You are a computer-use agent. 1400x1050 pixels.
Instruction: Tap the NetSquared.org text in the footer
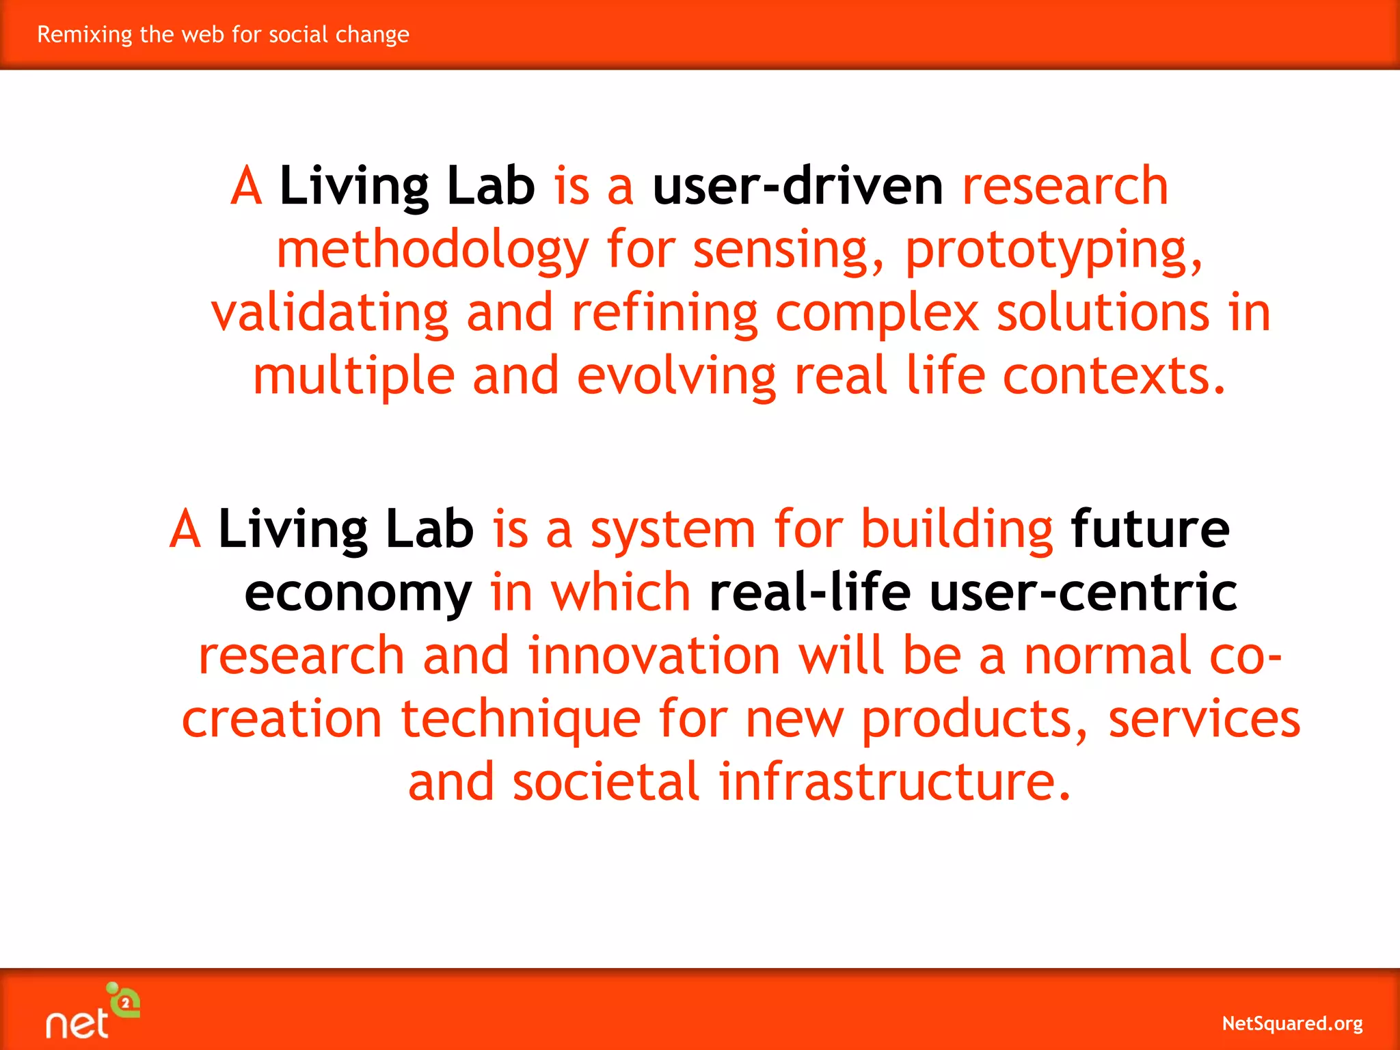[1291, 1023]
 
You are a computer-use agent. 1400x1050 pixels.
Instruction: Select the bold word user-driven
[797, 186]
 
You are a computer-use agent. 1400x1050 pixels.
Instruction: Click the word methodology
[432, 250]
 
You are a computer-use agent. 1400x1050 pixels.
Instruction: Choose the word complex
[877, 314]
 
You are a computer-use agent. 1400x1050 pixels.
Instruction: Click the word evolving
[676, 377]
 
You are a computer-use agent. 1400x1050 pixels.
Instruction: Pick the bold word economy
[358, 593]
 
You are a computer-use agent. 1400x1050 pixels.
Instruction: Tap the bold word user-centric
[1083, 592]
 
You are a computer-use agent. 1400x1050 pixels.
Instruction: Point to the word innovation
[654, 655]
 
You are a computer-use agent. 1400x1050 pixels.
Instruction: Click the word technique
[520, 720]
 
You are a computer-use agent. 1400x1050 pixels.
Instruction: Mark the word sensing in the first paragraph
[787, 250]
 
